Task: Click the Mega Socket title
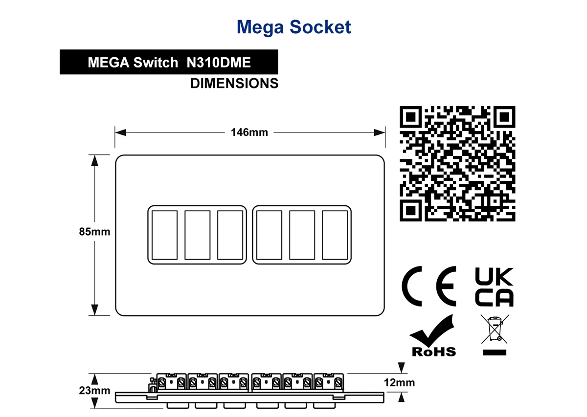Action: point(294,27)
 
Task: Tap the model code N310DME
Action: point(219,63)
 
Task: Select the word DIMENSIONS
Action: point(234,83)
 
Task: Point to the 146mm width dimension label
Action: point(249,132)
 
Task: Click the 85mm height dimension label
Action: point(94,232)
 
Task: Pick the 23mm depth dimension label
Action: point(94,390)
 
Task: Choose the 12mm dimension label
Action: point(399,382)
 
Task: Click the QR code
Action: point(457,164)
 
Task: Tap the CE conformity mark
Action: point(429,286)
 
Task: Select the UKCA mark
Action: point(494,287)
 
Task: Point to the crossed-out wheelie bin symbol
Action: point(495,335)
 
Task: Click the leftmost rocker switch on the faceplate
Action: point(164,235)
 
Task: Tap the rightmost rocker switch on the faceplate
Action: point(335,235)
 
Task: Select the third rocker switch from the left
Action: point(230,235)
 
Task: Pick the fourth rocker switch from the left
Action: point(270,235)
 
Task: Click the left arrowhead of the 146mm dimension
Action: point(120,132)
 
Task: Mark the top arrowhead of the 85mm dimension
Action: point(94,160)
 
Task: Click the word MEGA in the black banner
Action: point(109,63)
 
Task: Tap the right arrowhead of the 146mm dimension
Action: point(380,132)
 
